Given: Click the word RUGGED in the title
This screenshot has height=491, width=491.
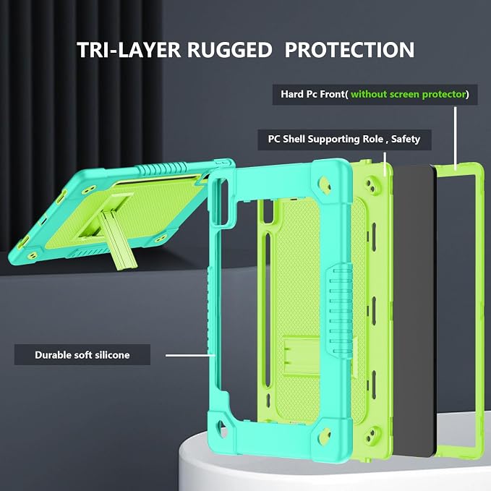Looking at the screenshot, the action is [x=229, y=50].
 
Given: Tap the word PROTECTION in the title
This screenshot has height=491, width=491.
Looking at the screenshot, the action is [x=349, y=50].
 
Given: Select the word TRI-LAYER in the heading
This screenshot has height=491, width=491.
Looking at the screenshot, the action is [x=129, y=50].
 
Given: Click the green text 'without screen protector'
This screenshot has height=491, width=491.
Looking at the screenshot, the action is [x=409, y=94].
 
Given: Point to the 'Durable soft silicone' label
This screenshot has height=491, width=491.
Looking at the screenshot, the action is [x=82, y=355].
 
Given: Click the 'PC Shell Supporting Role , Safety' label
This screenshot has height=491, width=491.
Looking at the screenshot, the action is [x=344, y=140].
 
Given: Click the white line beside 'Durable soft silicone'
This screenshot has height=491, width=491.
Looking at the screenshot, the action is [x=190, y=355].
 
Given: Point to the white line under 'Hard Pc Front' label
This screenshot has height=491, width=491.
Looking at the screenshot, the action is [x=456, y=138].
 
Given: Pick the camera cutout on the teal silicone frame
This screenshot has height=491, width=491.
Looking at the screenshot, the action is [x=221, y=201].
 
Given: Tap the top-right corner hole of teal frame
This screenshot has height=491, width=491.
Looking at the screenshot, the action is [x=325, y=184].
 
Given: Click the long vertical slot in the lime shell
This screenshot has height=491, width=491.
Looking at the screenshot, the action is [x=267, y=309].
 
